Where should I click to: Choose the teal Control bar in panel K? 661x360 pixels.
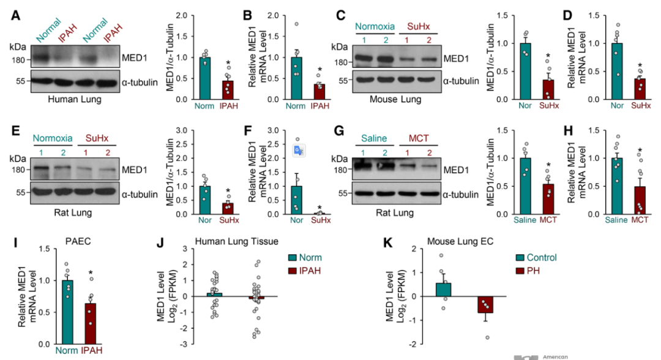[x=444, y=290]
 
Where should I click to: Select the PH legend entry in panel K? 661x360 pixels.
[x=532, y=271]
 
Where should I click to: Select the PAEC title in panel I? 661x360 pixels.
[x=76, y=241]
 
